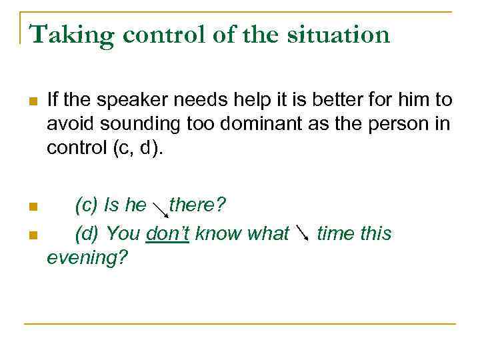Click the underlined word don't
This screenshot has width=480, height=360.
[x=167, y=234]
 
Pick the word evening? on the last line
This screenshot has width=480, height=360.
[x=87, y=257]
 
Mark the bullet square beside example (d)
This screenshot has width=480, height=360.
[x=31, y=235]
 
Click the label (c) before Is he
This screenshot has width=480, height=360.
[x=88, y=205]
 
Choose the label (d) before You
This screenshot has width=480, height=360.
[x=88, y=234]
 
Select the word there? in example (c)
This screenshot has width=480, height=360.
[x=197, y=205]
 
